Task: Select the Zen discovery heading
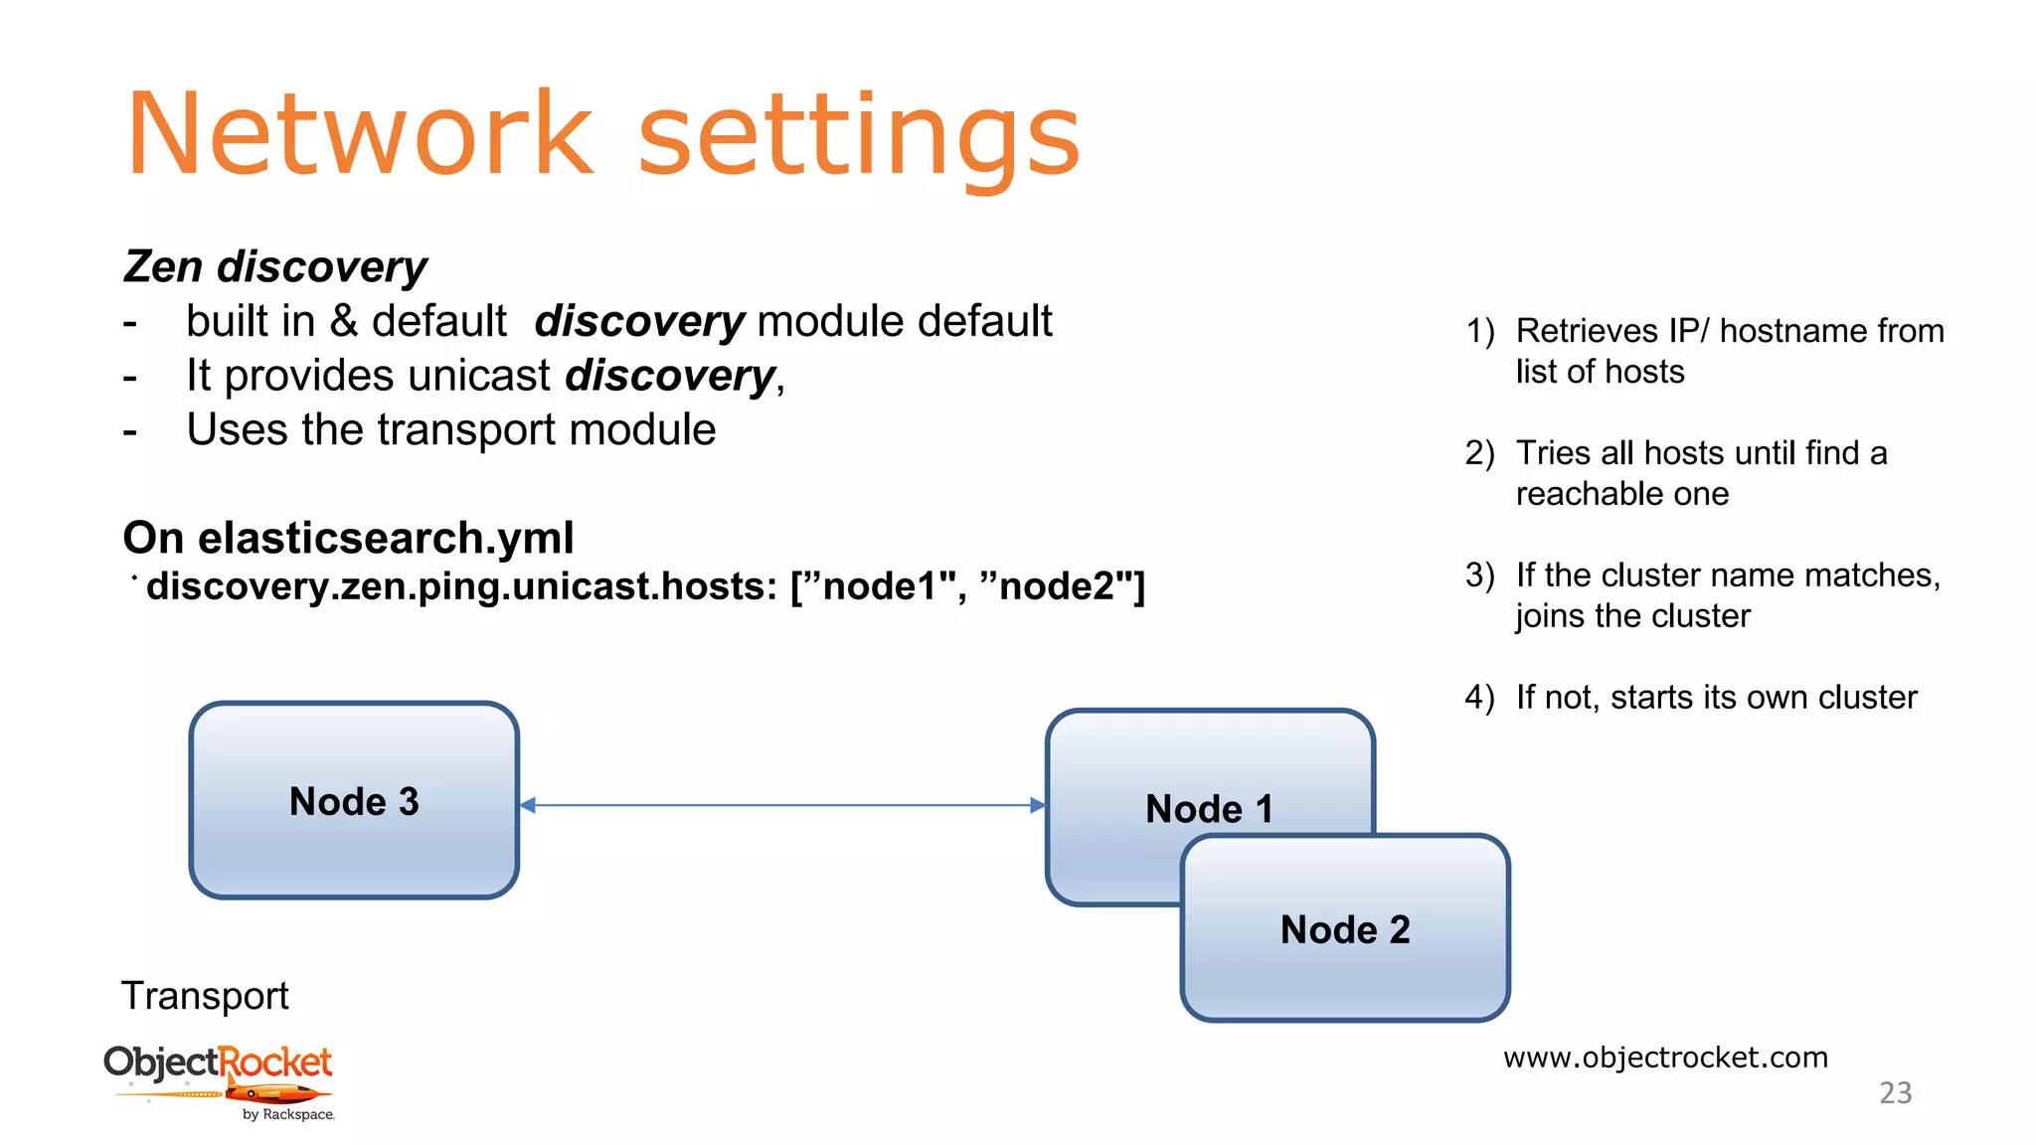tap(274, 267)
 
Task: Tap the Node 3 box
tap(354, 801)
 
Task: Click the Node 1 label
tap(1209, 808)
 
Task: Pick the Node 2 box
tap(1345, 929)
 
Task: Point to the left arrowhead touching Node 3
tap(528, 805)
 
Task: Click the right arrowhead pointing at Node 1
tap(1037, 805)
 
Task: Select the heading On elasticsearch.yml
tap(348, 538)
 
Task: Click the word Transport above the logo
tap(205, 996)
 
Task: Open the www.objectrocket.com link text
tap(1665, 1057)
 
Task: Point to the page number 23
tap(1895, 1093)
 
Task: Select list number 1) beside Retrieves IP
tap(1480, 331)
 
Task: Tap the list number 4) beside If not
tap(1479, 698)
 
